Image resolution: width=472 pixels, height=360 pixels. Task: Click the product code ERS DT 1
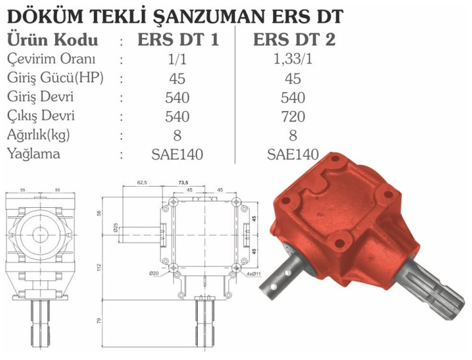(178, 40)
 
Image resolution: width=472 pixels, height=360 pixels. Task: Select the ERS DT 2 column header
(294, 40)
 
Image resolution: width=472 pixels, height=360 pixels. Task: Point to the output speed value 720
(293, 117)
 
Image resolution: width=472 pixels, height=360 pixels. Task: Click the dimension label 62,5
(142, 183)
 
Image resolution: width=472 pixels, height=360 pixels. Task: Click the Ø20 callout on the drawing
(153, 274)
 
